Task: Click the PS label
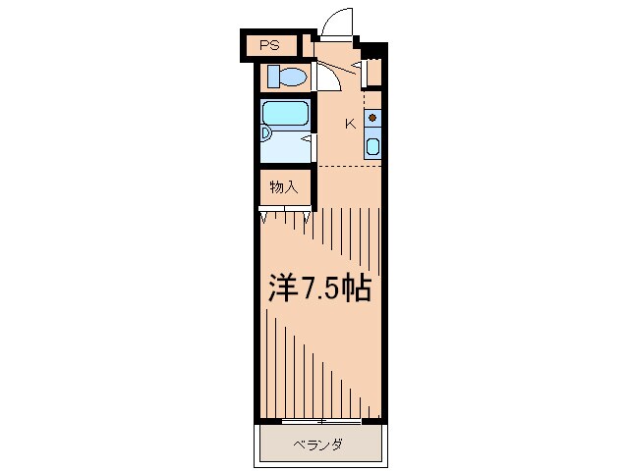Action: coord(269,45)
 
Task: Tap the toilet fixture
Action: coord(288,77)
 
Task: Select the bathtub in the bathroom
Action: coord(286,113)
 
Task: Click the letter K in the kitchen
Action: coord(350,125)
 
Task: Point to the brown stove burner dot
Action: coord(372,118)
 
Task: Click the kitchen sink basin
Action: coord(372,146)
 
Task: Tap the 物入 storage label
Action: coord(284,186)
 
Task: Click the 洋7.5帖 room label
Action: coord(320,288)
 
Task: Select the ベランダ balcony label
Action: coord(318,445)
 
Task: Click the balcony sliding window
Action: coord(321,421)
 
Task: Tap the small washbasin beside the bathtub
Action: coord(265,133)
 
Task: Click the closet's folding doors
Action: coord(285,213)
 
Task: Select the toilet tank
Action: coord(273,77)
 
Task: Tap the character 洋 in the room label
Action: coord(283,288)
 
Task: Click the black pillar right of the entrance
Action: coord(373,50)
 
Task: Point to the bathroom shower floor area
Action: coord(286,147)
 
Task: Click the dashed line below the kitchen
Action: coord(349,166)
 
